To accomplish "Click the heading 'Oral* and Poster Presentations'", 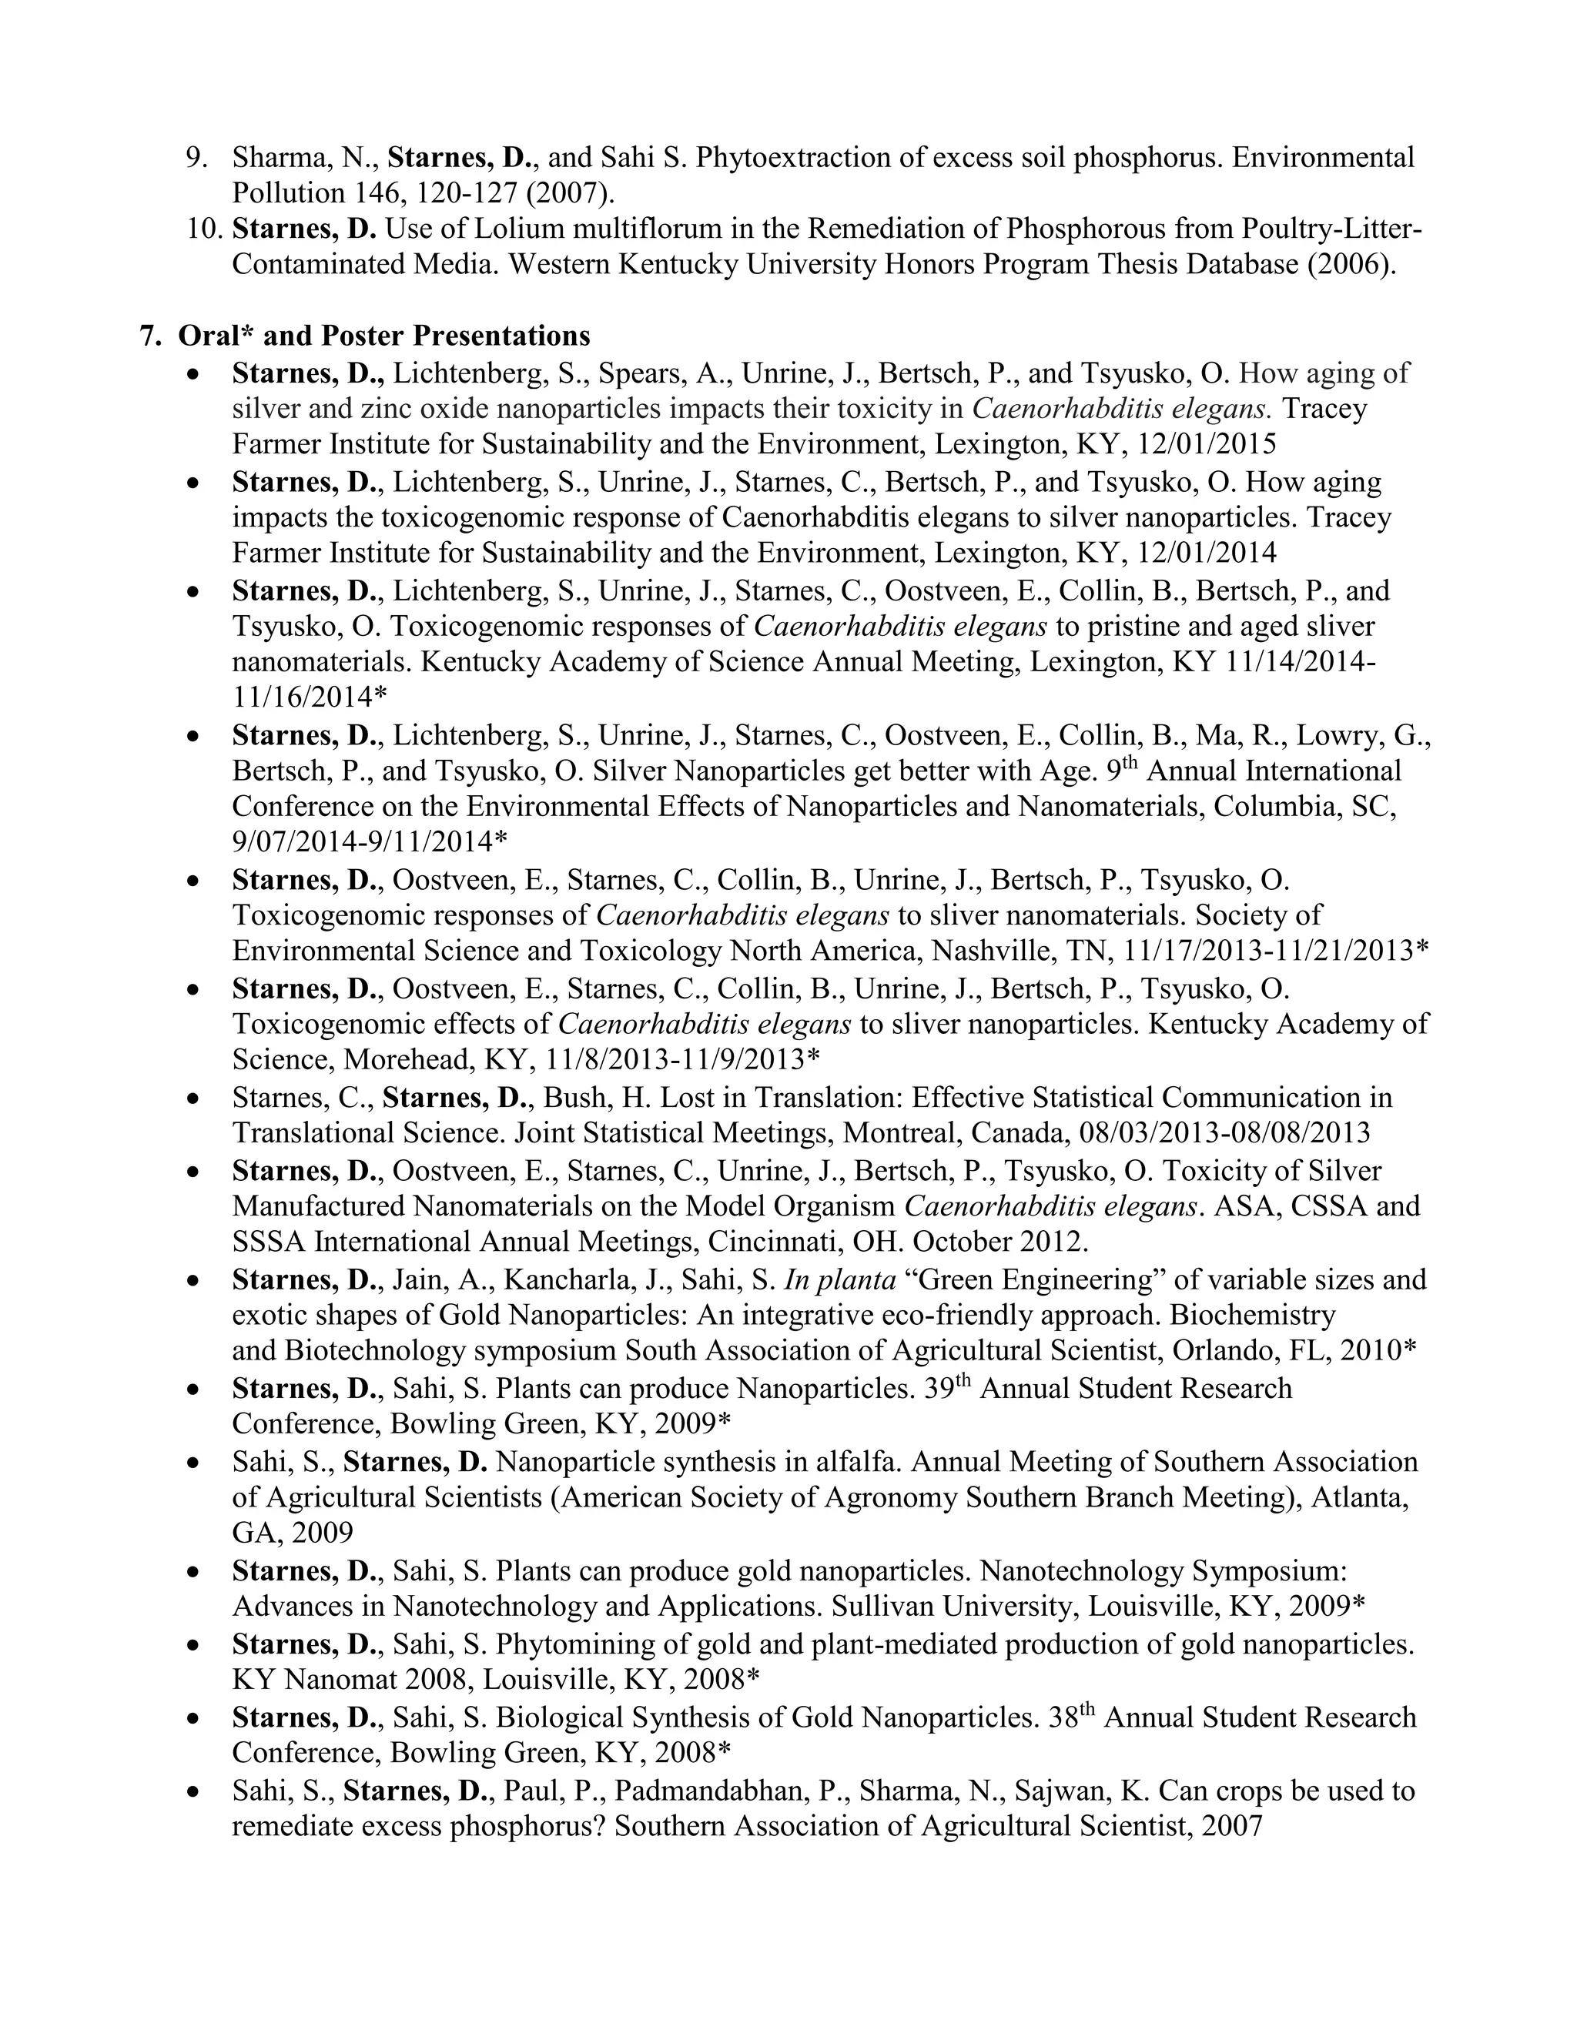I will tap(384, 336).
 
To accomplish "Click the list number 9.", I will tap(197, 157).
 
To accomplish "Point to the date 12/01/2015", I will tap(1207, 443).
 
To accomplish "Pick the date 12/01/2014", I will tap(1207, 553).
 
